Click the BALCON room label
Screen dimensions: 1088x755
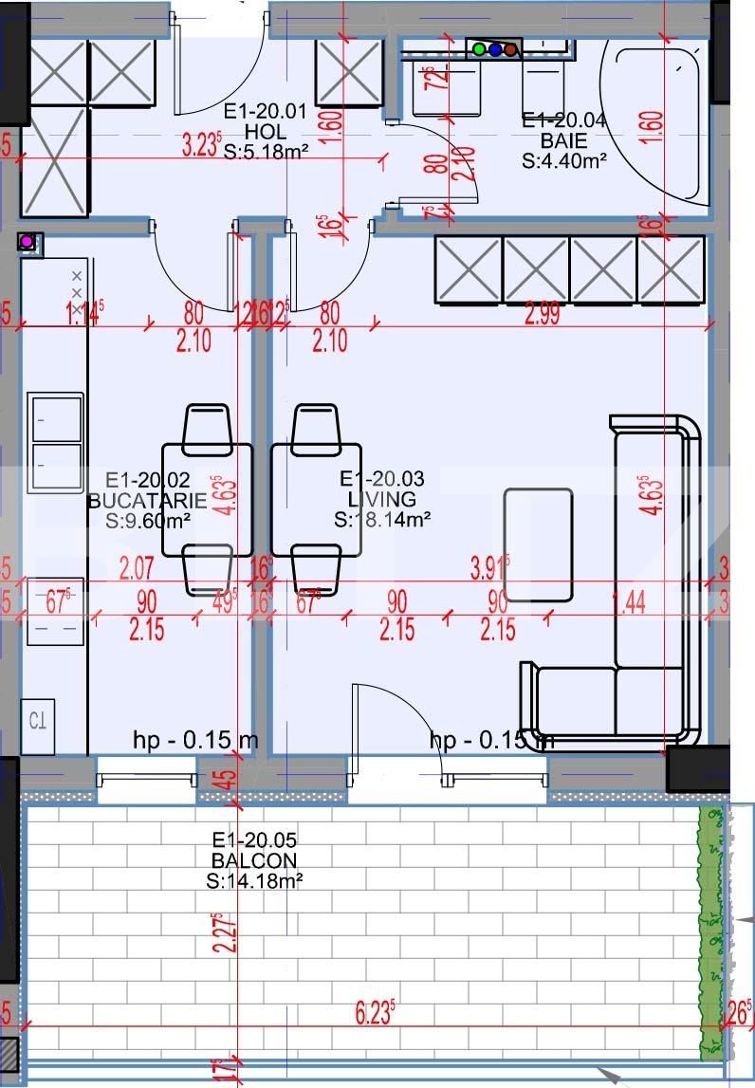(x=254, y=860)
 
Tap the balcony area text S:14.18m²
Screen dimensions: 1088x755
(x=254, y=880)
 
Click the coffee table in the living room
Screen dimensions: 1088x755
(x=538, y=544)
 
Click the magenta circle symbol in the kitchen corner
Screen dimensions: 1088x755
(x=28, y=242)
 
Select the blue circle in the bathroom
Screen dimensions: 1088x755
(x=495, y=48)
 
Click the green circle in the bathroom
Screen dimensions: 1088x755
(x=480, y=48)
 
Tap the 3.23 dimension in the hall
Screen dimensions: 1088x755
(x=201, y=146)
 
